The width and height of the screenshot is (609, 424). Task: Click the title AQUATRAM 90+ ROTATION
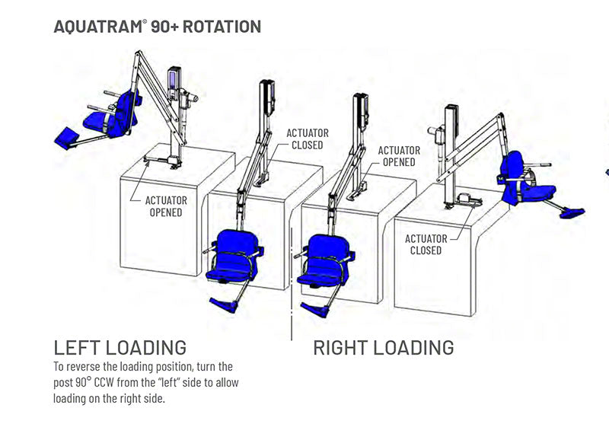pyautogui.click(x=158, y=27)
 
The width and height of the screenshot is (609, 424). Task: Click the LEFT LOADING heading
pyautogui.click(x=120, y=348)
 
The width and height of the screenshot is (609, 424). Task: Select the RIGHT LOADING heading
pyautogui.click(x=383, y=348)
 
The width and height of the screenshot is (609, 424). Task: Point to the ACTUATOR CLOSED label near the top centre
pyautogui.click(x=305, y=139)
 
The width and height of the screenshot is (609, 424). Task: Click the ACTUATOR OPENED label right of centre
pyautogui.click(x=397, y=156)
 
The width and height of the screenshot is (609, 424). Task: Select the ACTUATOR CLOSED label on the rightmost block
pyautogui.click(x=426, y=244)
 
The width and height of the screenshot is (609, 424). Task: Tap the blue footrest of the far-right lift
pyautogui.click(x=572, y=212)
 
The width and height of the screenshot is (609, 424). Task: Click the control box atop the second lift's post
pyautogui.click(x=268, y=98)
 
